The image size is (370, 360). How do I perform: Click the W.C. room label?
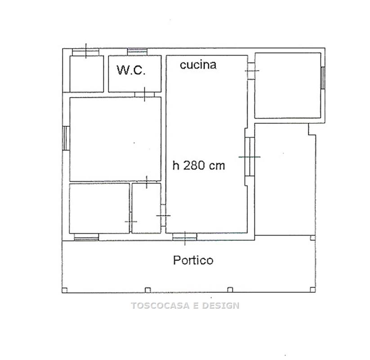click(131, 70)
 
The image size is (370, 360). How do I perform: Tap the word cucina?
click(198, 65)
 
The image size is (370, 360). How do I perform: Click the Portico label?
click(193, 260)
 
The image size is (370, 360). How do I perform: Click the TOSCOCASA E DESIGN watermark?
click(185, 306)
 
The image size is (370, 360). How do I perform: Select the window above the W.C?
click(137, 51)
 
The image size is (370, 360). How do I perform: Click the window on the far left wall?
click(66, 138)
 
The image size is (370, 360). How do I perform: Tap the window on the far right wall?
click(323, 78)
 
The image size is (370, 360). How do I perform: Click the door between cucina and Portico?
click(185, 237)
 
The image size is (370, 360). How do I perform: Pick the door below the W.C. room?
click(144, 94)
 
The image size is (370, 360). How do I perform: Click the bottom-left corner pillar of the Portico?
click(65, 290)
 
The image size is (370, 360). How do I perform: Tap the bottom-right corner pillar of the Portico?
click(312, 290)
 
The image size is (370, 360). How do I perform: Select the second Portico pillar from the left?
click(148, 290)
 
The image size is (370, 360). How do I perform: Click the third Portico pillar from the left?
click(230, 290)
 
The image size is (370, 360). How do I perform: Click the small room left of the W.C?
click(87, 74)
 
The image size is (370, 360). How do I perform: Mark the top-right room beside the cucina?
click(288, 85)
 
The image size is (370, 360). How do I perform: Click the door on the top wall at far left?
click(85, 52)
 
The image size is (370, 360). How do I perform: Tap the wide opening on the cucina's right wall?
click(250, 157)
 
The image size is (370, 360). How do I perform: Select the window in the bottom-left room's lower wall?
click(86, 237)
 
